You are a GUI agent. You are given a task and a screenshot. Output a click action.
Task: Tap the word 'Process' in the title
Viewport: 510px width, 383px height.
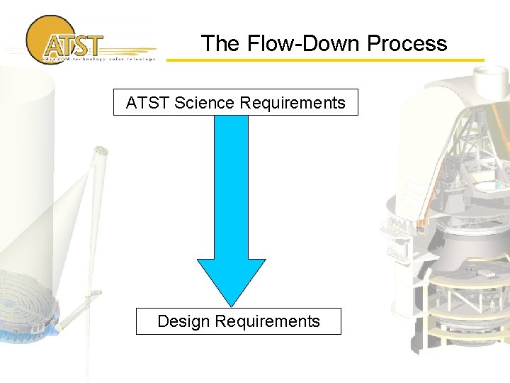click(x=407, y=44)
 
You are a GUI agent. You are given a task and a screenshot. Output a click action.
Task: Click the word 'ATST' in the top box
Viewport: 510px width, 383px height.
click(x=147, y=103)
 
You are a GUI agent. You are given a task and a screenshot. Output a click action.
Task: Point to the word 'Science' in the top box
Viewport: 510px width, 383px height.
click(x=205, y=103)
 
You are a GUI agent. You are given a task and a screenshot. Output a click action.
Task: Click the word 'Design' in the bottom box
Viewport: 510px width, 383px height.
click(x=183, y=321)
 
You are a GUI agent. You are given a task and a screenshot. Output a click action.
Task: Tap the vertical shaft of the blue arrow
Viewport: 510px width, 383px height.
click(x=231, y=184)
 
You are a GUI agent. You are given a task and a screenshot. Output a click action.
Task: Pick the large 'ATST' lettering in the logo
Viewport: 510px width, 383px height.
click(x=72, y=46)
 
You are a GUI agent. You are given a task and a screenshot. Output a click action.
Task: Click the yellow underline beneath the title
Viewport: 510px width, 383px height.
click(x=326, y=60)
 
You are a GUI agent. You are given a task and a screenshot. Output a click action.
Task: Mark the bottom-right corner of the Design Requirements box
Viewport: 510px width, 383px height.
click(x=341, y=334)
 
